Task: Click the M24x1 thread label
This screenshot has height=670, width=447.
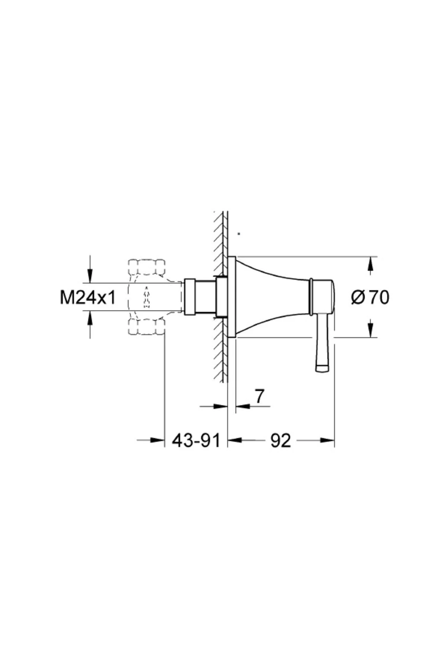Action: (88, 297)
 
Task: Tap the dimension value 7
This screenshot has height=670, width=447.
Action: (259, 396)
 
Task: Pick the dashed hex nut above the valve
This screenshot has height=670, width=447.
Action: (147, 267)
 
